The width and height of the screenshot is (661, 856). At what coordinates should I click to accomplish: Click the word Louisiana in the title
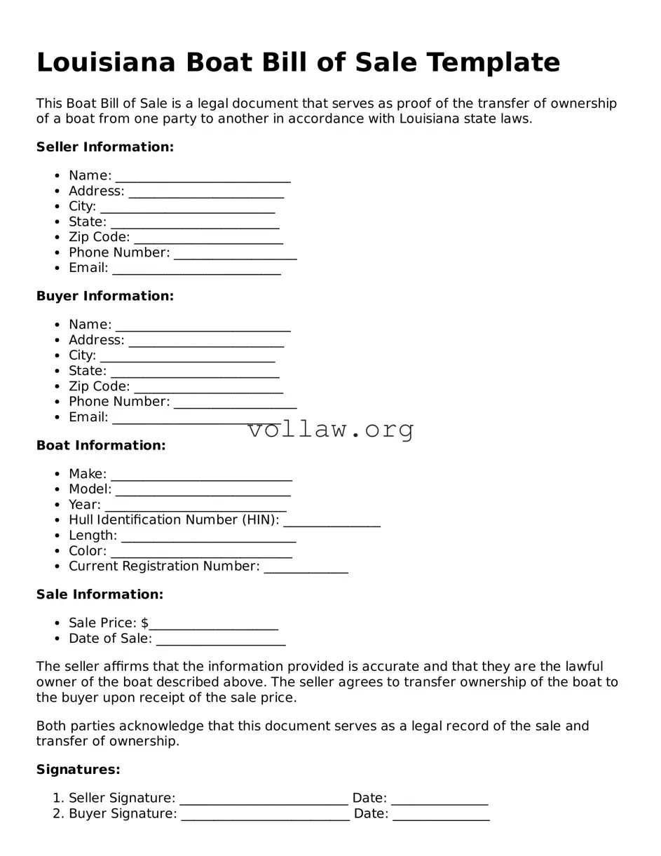106,62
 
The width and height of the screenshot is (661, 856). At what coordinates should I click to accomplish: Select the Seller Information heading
104,147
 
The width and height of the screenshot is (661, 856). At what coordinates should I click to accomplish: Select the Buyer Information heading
104,297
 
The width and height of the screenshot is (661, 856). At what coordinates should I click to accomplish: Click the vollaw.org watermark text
331,429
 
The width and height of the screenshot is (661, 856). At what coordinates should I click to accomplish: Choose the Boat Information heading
101,446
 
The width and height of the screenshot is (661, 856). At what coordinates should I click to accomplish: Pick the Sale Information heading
100,595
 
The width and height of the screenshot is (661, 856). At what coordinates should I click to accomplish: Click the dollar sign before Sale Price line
144,623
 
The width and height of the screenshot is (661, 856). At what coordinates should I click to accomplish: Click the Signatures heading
78,770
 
